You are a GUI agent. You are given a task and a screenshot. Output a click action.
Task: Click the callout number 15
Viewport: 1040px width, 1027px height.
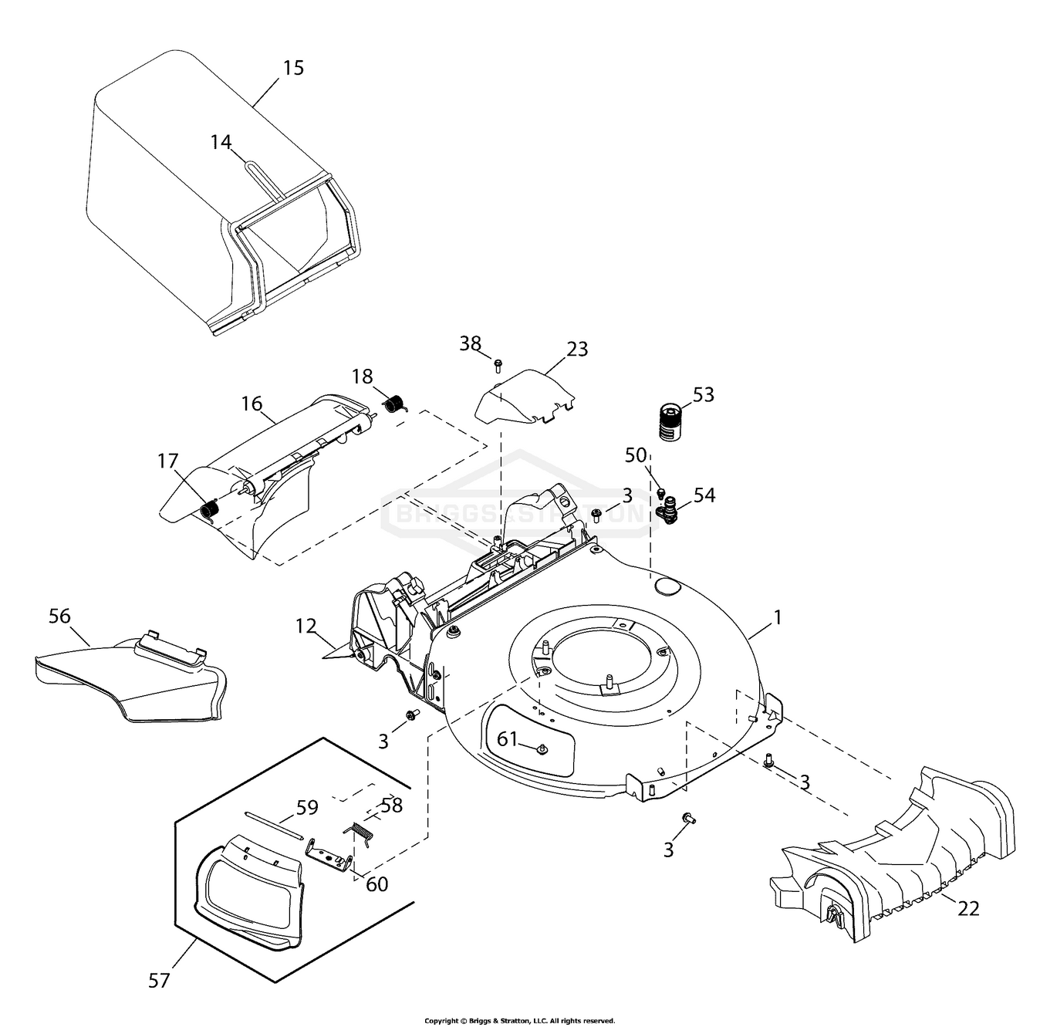pyautogui.click(x=293, y=68)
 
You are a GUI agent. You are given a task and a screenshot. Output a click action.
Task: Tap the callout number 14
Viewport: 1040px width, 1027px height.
pyautogui.click(x=221, y=142)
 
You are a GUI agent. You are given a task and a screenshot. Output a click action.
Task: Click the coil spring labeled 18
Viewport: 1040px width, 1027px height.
pyautogui.click(x=396, y=403)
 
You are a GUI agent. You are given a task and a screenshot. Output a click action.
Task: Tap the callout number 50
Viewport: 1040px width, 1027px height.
pyautogui.click(x=636, y=455)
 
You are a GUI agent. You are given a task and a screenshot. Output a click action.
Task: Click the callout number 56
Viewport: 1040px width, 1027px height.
pyautogui.click(x=59, y=617)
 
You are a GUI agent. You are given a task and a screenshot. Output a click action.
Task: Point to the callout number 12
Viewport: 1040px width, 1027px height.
pyautogui.click(x=306, y=626)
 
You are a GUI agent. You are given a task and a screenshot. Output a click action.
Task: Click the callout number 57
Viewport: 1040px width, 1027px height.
pyautogui.click(x=159, y=981)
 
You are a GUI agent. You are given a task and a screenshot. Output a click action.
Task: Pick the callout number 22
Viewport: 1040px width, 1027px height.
pyautogui.click(x=968, y=908)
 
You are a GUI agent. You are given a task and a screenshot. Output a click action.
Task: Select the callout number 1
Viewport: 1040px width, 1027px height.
pyautogui.click(x=778, y=617)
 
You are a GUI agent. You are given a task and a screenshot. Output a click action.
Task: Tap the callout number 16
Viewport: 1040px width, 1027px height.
pyautogui.click(x=252, y=404)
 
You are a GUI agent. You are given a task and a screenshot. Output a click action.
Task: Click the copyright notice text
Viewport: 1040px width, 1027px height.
pyautogui.click(x=520, y=1020)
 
